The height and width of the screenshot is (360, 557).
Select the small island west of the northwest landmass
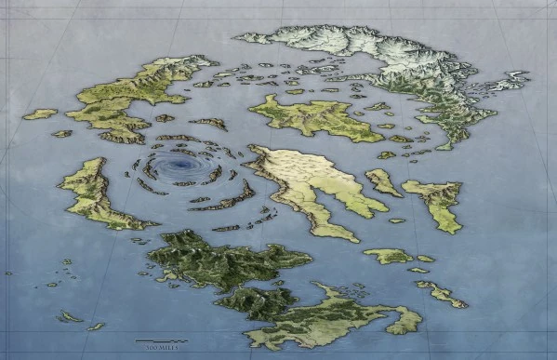[x=39, y=114]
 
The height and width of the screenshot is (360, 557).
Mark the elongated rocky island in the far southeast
[x=440, y=293]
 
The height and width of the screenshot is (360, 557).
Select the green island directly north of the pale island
[x=302, y=117]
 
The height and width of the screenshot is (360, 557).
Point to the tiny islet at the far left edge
[x=8, y=273]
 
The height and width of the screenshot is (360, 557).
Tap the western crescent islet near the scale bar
[x=68, y=316]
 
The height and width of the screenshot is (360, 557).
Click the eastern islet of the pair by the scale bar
[x=95, y=326]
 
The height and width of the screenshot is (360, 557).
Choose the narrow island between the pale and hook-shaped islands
[x=382, y=181]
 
